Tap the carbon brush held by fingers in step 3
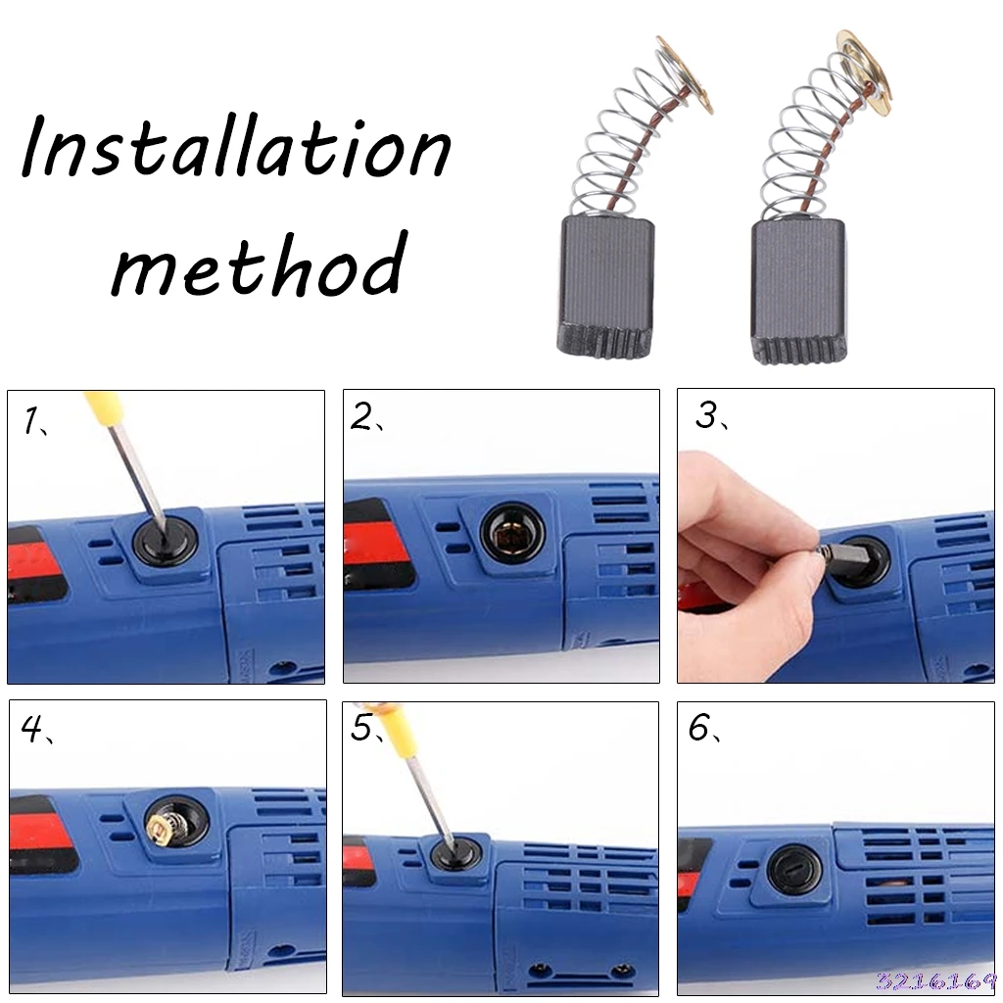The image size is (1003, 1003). [x=838, y=551]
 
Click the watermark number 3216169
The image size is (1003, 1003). [x=935, y=979]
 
